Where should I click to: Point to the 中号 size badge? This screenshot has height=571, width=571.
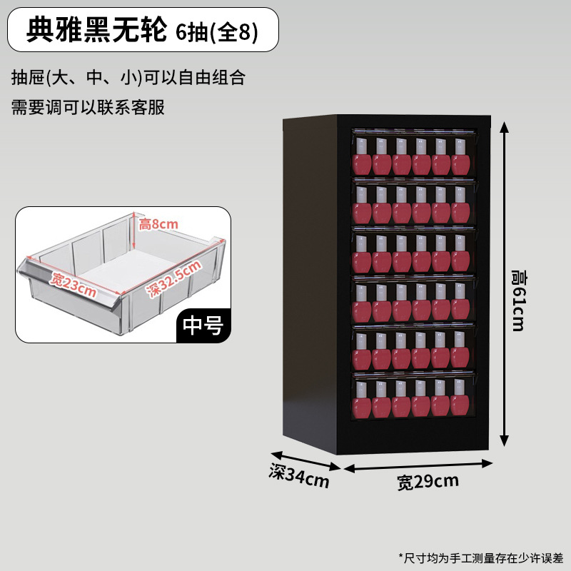point(203,325)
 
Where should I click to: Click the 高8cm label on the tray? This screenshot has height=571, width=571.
point(158,224)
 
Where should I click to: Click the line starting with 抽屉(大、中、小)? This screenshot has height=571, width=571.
point(128,77)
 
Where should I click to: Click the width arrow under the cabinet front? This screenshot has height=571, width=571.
point(418,465)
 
